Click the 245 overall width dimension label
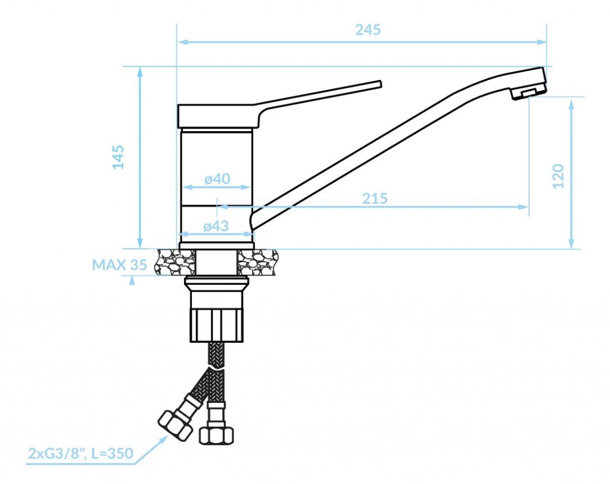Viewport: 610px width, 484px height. click(x=368, y=30)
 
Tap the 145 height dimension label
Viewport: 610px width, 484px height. click(x=119, y=157)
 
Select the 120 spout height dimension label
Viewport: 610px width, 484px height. click(x=558, y=176)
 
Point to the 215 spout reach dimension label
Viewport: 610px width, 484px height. click(x=375, y=198)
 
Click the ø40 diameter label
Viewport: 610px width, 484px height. click(x=217, y=179)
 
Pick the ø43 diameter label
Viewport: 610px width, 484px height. click(x=216, y=226)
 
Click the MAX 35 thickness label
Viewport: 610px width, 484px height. click(x=119, y=265)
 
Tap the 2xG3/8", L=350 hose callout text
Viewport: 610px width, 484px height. click(x=80, y=453)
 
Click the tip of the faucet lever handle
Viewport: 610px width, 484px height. click(x=380, y=84)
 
